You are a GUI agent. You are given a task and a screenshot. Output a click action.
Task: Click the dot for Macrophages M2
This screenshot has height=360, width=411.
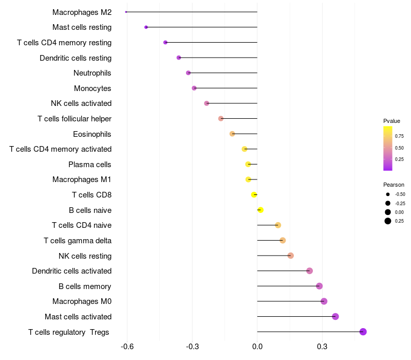(126, 12)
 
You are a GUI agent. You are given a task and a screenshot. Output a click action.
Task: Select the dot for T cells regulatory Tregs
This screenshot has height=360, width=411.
(363, 332)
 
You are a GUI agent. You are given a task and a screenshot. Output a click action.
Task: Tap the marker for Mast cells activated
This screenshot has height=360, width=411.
(335, 316)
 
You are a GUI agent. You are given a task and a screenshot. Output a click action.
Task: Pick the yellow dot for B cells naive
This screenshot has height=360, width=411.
(260, 210)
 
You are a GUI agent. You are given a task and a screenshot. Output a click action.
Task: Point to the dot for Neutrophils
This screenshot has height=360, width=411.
(188, 73)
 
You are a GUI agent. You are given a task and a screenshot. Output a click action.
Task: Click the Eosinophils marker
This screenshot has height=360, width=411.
(232, 134)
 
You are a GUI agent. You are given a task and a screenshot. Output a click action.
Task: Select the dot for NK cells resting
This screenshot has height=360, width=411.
(291, 256)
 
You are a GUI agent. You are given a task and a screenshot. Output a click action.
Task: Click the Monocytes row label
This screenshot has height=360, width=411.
(92, 88)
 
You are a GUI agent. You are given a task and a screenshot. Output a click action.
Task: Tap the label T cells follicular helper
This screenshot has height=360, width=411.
(74, 119)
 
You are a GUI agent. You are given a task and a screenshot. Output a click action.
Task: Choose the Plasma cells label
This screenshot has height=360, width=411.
(90, 165)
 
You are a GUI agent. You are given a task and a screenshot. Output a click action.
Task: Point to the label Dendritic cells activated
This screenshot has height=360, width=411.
(72, 271)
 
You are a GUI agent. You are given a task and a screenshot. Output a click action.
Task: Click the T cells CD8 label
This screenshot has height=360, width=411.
(91, 195)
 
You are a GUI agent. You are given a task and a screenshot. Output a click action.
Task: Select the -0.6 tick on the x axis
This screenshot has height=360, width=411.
(127, 347)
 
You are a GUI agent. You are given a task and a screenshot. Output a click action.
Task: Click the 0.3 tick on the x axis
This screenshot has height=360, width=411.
(322, 347)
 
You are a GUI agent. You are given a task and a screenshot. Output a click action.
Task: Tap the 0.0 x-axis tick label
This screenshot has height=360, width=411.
(257, 347)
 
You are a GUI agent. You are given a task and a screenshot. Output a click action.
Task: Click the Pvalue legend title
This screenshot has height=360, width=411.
(391, 121)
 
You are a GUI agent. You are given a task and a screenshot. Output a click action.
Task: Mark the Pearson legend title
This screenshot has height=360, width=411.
(394, 185)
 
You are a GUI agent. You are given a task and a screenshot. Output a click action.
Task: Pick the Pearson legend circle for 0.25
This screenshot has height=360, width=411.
(387, 221)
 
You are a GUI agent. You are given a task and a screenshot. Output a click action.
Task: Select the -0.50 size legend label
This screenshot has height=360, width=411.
(400, 194)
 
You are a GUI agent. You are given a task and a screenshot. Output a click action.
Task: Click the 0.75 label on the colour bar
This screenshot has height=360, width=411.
(399, 136)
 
